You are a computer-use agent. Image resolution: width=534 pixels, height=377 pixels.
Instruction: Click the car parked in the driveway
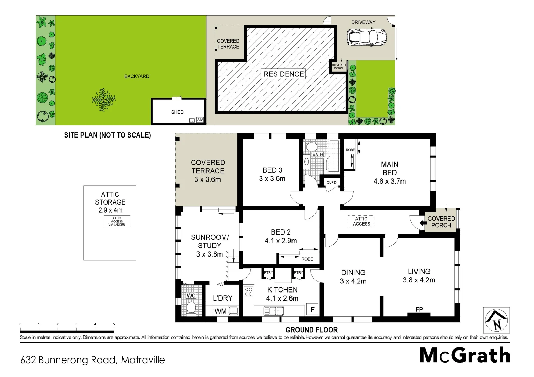coord(367,37)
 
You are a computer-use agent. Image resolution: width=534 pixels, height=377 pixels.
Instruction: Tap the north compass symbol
coord(496,320)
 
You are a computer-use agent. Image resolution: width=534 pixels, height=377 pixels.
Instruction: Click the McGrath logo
coord(464,356)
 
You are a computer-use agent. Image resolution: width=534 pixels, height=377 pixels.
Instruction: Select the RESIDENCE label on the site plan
coord(283,74)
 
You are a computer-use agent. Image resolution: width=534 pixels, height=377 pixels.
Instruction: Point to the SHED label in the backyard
coord(177,112)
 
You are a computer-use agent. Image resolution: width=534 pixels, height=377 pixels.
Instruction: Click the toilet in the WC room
coord(191,308)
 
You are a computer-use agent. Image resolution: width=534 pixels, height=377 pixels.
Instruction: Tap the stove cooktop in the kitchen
coord(249,291)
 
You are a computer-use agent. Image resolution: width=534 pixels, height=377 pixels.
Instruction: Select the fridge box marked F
coord(312,310)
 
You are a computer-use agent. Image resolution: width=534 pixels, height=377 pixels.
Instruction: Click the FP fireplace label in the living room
coord(419,309)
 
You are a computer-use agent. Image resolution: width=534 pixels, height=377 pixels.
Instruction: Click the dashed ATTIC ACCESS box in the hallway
coord(361,221)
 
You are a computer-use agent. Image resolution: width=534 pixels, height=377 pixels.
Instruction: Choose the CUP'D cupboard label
coord(331,182)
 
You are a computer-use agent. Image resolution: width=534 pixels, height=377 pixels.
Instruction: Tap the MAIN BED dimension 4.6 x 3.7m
coord(390,181)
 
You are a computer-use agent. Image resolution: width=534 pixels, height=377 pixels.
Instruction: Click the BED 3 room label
coord(272,170)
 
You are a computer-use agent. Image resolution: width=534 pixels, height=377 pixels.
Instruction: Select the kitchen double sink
coord(274,310)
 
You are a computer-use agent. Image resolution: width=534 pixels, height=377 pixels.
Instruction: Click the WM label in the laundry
coord(220,311)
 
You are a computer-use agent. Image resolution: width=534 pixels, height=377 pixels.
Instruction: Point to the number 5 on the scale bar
coord(114,324)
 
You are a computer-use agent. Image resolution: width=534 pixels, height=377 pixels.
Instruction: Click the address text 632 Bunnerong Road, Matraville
coord(93,360)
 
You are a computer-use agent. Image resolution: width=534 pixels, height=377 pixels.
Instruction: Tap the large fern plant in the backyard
coord(103,99)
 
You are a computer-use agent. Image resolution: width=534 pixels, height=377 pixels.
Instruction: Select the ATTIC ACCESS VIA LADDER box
coord(117,221)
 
